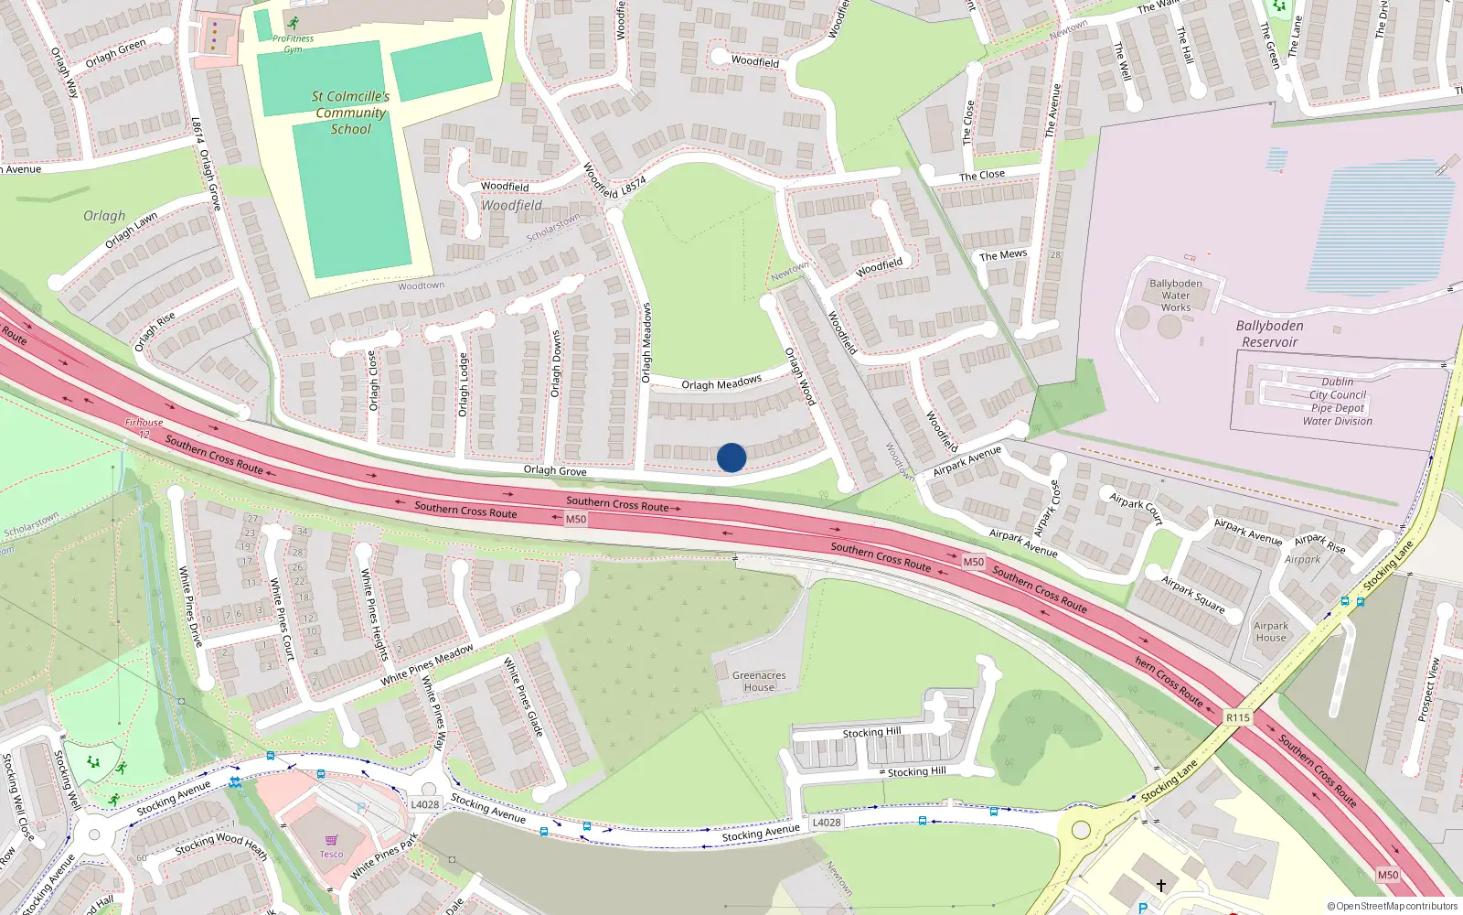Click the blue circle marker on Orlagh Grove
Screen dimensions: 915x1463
tap(731, 457)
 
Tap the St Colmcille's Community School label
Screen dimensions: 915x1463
tap(351, 113)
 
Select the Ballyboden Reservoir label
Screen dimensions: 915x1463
tap(1269, 334)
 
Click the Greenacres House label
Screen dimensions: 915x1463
tap(759, 681)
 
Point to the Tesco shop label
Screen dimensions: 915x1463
tap(331, 854)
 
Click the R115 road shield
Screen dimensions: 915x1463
tap(1237, 717)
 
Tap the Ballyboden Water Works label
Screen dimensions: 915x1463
tap(1176, 296)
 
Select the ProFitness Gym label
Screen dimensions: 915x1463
tap(293, 44)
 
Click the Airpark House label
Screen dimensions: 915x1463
tap(1271, 631)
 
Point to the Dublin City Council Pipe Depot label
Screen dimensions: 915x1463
tap(1337, 402)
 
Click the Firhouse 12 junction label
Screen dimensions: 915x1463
tap(144, 427)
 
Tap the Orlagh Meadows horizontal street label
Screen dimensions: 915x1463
tap(721, 383)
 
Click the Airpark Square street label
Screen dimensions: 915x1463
tap(1192, 594)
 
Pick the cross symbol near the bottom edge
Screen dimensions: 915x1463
tap(1161, 886)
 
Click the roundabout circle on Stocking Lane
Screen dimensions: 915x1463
tap(1082, 830)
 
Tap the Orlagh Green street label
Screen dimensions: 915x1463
tap(115, 54)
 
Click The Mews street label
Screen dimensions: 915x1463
tap(1003, 255)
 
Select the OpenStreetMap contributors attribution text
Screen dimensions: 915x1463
tap(1393, 907)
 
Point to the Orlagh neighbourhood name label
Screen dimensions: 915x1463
tap(104, 216)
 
